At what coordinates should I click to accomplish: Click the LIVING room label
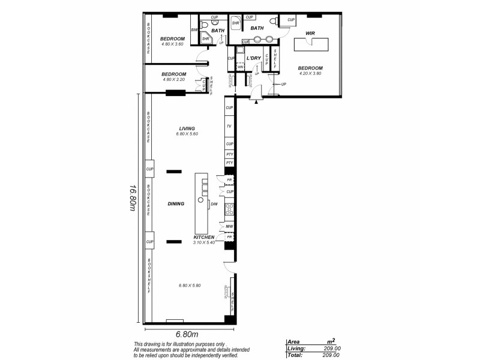188,128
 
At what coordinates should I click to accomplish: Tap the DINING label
176,204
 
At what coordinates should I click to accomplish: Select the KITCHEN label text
204,237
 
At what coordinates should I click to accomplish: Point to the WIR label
310,34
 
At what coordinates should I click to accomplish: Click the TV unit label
229,127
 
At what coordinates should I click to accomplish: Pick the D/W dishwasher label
214,204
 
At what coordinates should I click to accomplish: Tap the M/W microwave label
229,226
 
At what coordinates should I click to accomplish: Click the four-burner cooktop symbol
229,210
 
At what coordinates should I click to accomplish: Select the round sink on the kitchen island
201,199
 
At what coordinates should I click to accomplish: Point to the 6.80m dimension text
187,334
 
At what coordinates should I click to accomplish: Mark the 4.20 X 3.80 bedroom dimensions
311,74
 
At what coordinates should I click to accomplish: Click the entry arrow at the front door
257,102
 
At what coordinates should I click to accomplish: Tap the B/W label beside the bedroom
194,30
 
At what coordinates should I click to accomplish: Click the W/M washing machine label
240,67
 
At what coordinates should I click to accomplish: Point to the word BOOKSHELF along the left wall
148,275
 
